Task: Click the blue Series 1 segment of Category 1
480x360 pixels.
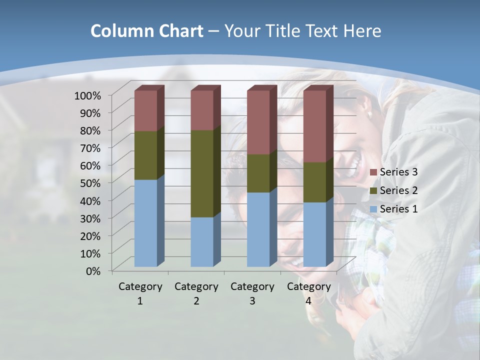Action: [x=146, y=222]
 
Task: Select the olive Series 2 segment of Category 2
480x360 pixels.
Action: [x=202, y=173]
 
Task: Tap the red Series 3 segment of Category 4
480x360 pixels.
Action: [x=314, y=126]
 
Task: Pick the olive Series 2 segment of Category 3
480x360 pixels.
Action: [x=258, y=173]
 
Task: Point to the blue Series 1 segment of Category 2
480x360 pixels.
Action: [x=202, y=241]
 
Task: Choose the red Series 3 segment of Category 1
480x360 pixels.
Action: [x=146, y=110]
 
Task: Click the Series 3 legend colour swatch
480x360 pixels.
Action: [x=373, y=172]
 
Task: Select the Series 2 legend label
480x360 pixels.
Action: [x=398, y=190]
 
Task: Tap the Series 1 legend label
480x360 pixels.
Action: [x=398, y=209]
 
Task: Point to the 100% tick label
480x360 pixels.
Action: [x=87, y=95]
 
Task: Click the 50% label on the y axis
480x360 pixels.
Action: [x=90, y=182]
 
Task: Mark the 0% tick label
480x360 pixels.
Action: [x=93, y=270]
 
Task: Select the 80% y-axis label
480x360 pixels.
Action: [x=90, y=130]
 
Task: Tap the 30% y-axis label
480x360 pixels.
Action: [x=90, y=218]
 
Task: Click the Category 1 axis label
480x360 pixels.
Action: [x=140, y=293]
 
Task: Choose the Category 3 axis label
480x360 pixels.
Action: [x=252, y=293]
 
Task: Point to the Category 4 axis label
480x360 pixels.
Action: [x=308, y=293]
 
